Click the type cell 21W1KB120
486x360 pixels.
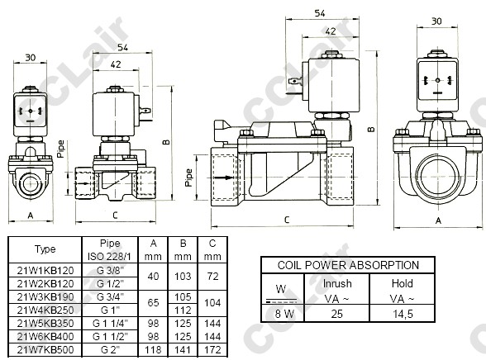click(x=45, y=271)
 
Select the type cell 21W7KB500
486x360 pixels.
click(x=45, y=350)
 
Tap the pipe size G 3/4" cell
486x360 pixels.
click(x=110, y=297)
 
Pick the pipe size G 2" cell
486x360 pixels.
click(x=110, y=350)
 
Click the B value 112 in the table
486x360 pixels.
click(x=183, y=310)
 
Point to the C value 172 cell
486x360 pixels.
click(x=212, y=350)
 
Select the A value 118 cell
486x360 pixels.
click(x=153, y=350)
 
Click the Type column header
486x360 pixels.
click(x=45, y=249)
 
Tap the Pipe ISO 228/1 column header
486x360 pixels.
click(x=110, y=250)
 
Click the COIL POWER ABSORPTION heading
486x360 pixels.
click(x=348, y=265)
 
